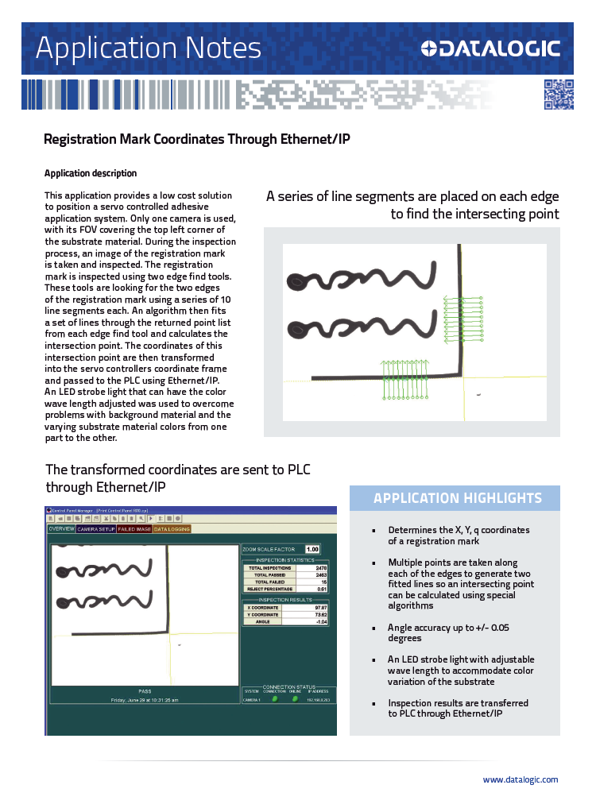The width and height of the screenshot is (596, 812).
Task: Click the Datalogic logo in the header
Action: [490, 48]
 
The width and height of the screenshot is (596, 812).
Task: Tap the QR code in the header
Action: [558, 95]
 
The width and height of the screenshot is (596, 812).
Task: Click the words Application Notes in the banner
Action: [149, 48]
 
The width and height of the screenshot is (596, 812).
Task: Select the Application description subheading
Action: [91, 173]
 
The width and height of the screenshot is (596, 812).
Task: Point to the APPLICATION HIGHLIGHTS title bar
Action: [457, 498]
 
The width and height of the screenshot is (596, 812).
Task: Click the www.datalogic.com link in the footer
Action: [520, 779]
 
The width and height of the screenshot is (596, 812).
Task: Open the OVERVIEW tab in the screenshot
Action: [61, 528]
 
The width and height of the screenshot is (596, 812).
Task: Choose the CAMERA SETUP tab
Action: [96, 528]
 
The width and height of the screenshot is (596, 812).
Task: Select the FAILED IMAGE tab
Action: [134, 528]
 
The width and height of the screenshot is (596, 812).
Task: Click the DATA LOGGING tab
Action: [172, 528]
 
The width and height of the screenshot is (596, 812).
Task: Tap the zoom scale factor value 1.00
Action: [312, 549]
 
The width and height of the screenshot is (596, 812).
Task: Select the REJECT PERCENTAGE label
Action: [269, 589]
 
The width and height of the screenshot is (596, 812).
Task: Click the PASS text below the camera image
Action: [145, 690]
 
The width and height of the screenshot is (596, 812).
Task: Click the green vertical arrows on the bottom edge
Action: [406, 380]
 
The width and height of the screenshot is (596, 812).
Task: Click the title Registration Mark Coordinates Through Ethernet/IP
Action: [196, 140]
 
